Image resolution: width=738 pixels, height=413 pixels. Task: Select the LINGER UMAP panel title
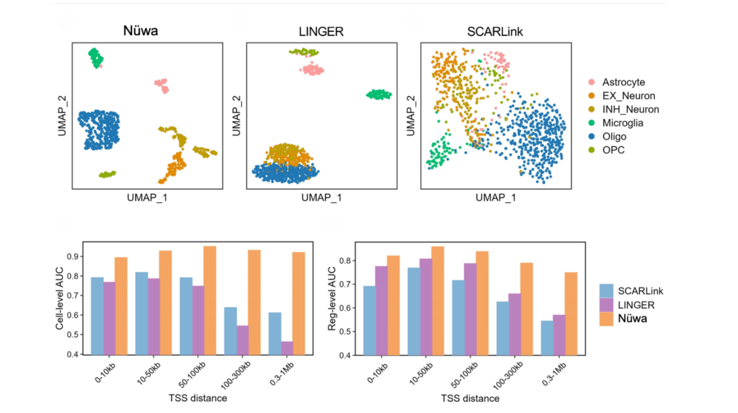point(321,32)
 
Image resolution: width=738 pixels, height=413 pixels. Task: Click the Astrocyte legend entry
point(623,83)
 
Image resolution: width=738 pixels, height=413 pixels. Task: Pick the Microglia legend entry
point(623,123)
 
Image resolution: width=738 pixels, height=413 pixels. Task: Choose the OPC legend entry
point(613,150)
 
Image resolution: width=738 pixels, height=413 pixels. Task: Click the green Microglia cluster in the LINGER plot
point(379,94)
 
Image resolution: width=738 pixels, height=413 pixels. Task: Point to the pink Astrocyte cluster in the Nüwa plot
point(161,85)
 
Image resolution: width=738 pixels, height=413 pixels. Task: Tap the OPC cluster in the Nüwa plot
point(107,174)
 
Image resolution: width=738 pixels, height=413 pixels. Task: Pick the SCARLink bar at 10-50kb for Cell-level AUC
point(141,313)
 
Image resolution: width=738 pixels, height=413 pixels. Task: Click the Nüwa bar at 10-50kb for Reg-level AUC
point(437,300)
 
